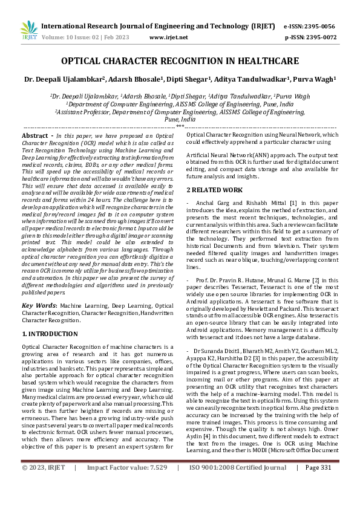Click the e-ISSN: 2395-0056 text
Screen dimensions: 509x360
310,27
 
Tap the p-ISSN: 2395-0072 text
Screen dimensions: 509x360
310,37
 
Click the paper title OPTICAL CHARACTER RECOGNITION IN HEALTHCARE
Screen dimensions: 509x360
180,61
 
